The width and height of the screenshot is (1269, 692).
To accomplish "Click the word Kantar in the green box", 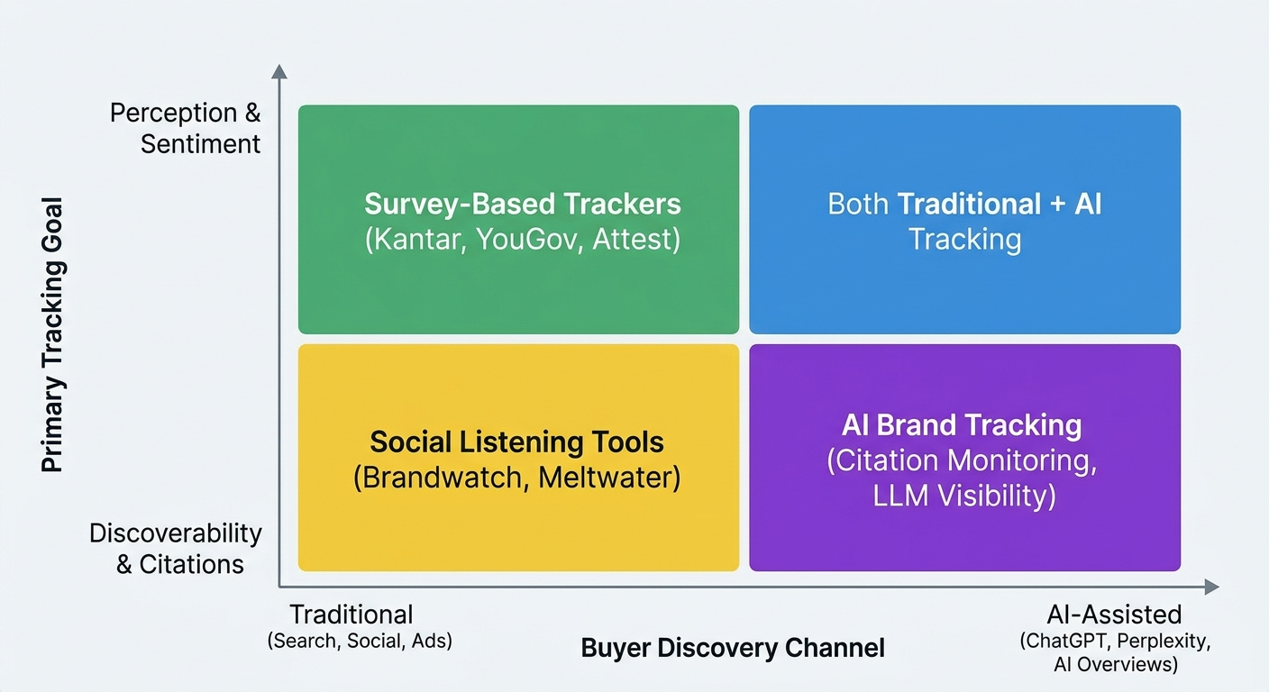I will click(418, 241).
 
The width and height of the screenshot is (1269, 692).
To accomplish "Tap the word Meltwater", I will click(607, 476).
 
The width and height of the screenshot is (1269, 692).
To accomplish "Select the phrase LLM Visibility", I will click(964, 496).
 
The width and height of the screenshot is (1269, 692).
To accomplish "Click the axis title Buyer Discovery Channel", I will click(733, 648).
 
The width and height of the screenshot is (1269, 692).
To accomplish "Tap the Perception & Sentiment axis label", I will click(186, 128).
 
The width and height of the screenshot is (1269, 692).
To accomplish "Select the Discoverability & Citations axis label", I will click(176, 548).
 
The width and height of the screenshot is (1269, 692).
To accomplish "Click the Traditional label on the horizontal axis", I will click(351, 615).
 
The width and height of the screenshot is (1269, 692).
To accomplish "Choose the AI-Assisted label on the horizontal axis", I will click(1114, 615).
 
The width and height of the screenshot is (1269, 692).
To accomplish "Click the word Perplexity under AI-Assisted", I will click(1162, 642).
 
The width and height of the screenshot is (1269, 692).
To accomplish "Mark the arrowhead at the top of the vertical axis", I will click(279, 71).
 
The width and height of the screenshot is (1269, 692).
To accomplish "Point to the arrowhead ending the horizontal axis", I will click(1212, 587).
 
